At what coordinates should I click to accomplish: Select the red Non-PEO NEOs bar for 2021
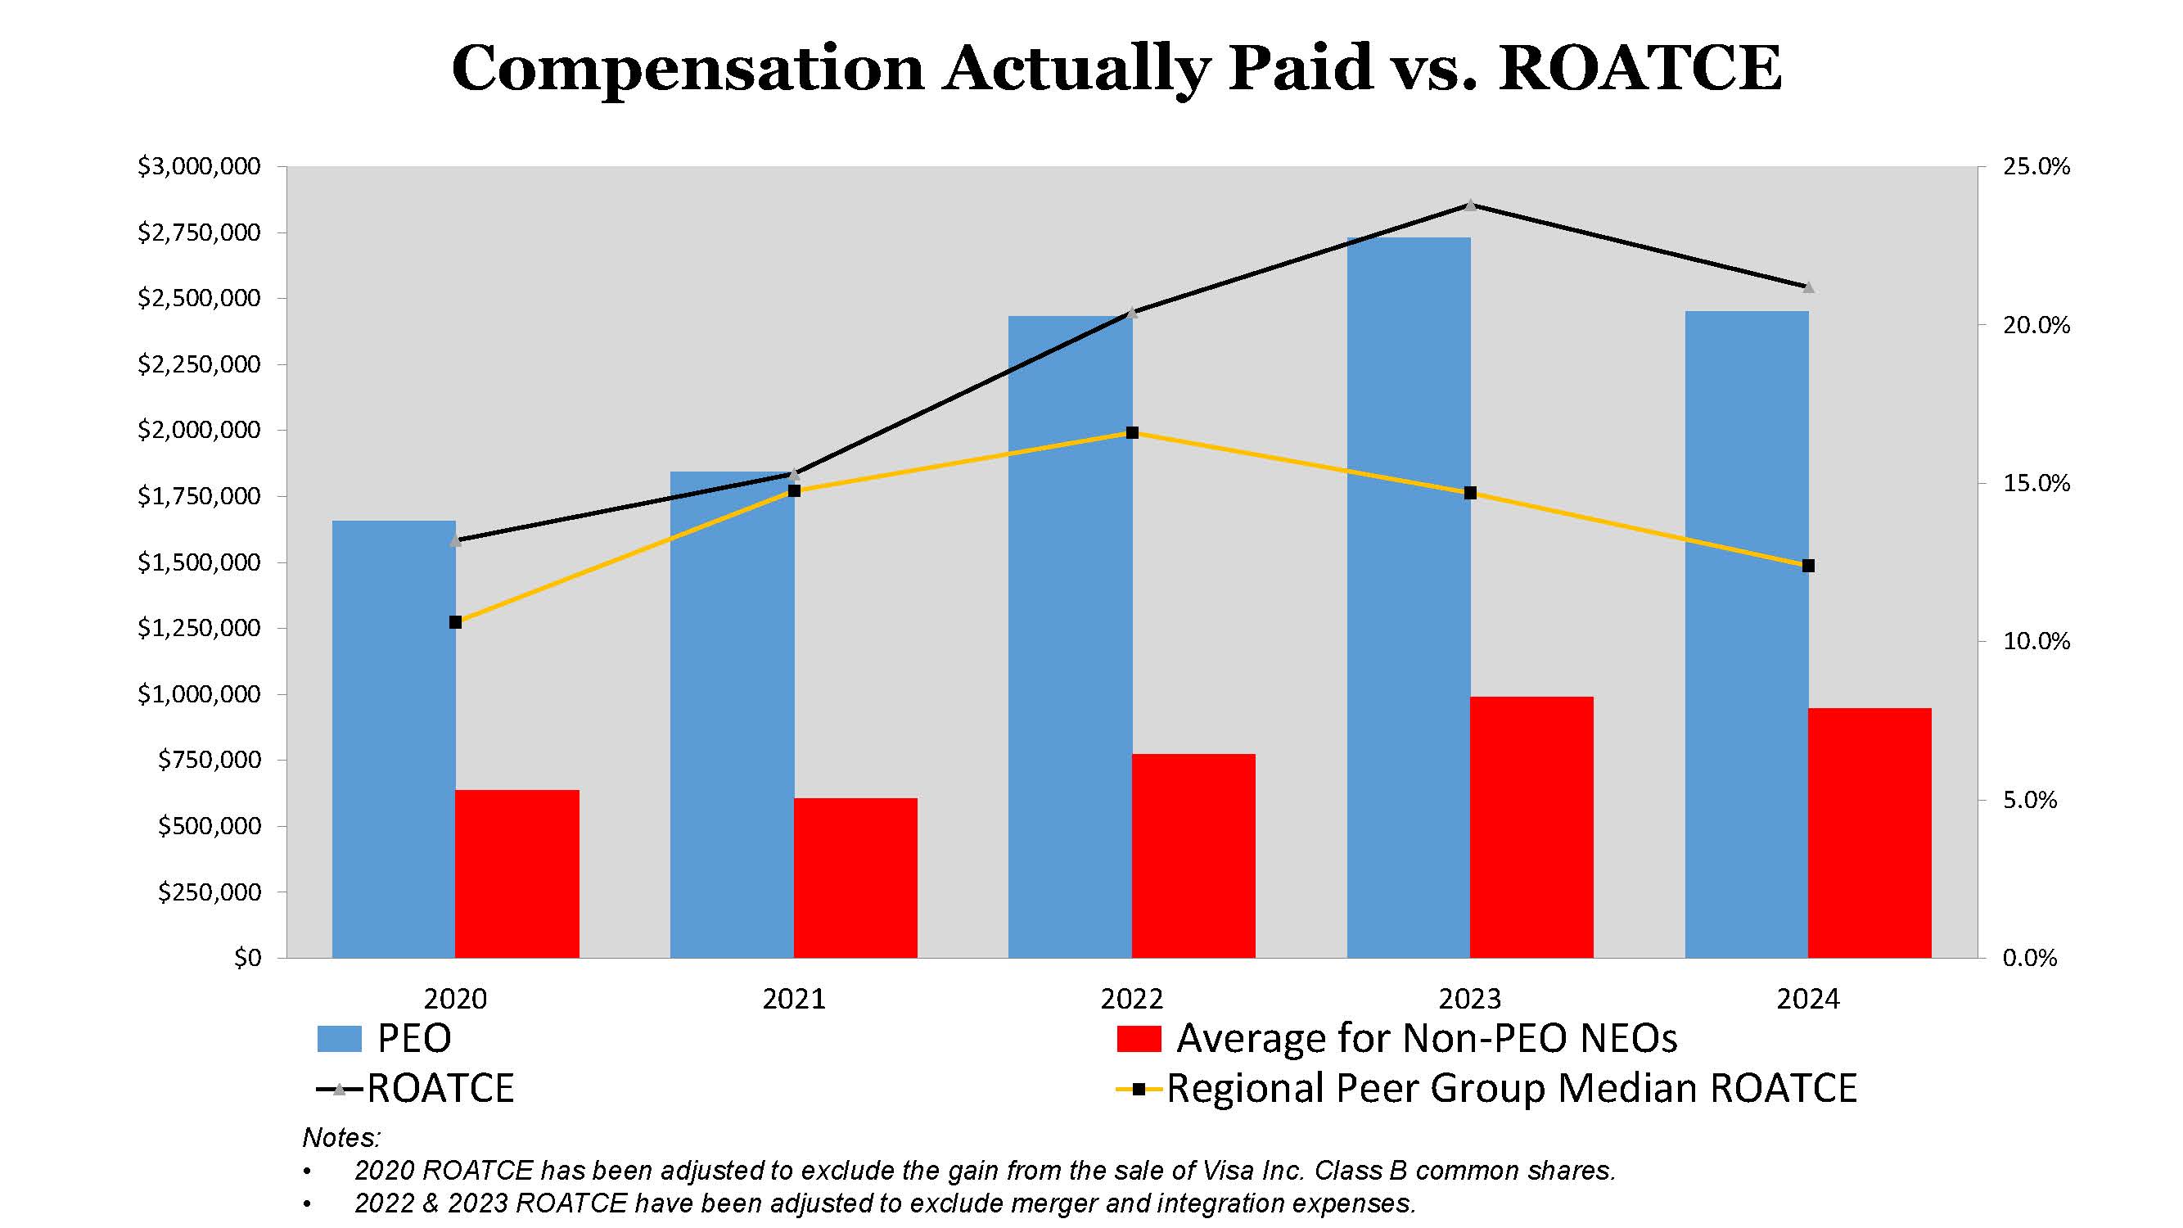click(855, 878)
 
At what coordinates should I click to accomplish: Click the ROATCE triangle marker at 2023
click(1470, 205)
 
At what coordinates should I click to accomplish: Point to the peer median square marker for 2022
click(1132, 433)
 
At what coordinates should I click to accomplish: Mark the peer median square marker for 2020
click(455, 622)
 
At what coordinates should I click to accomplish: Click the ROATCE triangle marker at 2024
click(1807, 287)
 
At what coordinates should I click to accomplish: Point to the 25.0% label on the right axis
click(2036, 166)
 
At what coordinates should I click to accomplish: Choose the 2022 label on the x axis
click(1131, 999)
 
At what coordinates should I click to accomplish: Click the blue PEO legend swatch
click(339, 1039)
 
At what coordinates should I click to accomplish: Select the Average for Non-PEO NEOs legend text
click(1426, 1038)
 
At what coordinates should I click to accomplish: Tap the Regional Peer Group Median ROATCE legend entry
click(1511, 1089)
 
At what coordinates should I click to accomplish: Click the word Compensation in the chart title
click(688, 68)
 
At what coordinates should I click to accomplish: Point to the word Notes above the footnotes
click(341, 1137)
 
